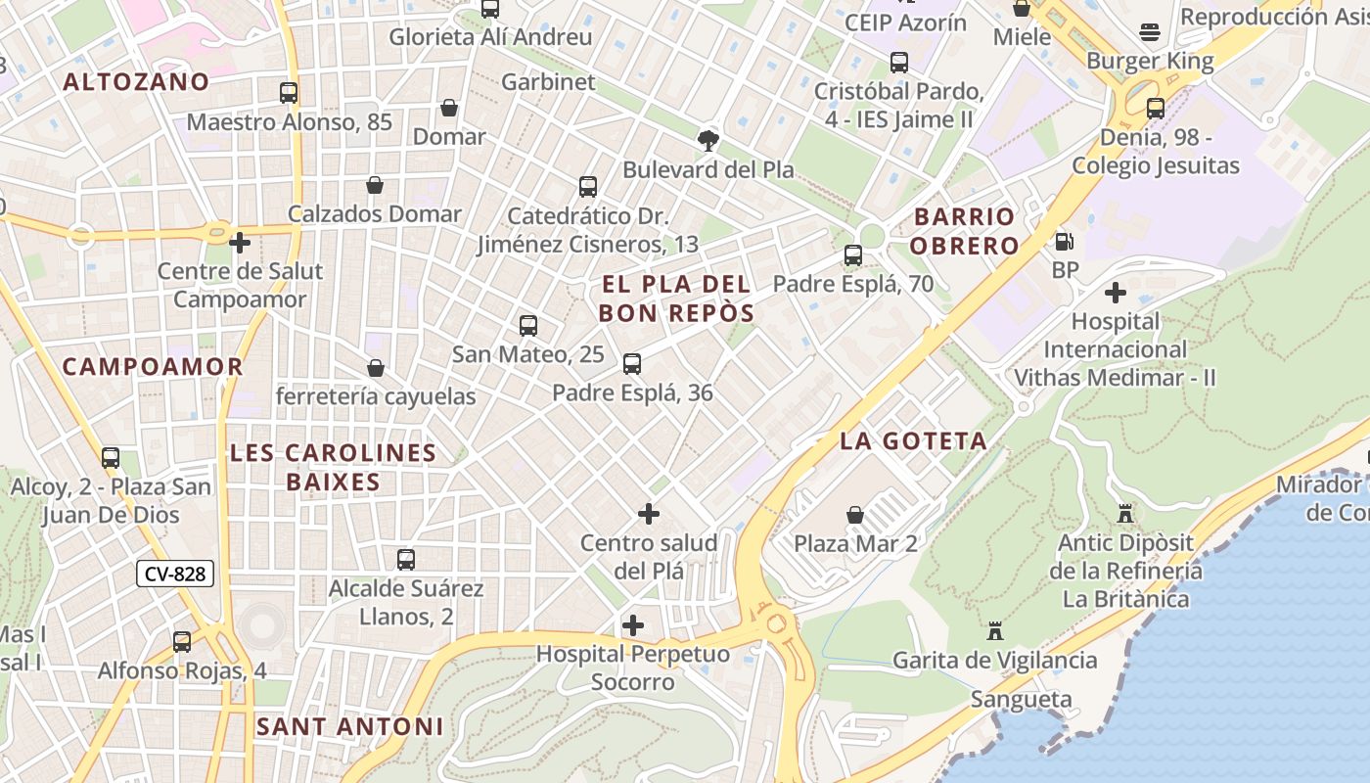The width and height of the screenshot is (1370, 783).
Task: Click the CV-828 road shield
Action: [x=175, y=574]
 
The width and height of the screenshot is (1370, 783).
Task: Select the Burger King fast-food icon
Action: [x=1150, y=32]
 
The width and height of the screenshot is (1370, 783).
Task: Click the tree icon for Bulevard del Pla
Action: [x=708, y=140]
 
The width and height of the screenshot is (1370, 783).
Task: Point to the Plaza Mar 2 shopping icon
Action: [x=855, y=514]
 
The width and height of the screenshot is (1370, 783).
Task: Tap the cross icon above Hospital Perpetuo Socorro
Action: [x=633, y=624]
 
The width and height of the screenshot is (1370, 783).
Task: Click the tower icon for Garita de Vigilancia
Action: [x=995, y=631]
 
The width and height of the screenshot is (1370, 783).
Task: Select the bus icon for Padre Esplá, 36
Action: [x=632, y=364]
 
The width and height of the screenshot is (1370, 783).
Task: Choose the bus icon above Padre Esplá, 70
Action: [x=853, y=255]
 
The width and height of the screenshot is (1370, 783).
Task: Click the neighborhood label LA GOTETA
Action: [x=913, y=441]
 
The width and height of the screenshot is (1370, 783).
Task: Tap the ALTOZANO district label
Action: [x=136, y=82]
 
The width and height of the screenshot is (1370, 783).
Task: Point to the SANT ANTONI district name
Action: [x=349, y=726]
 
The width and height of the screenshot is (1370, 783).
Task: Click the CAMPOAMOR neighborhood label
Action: [x=153, y=367]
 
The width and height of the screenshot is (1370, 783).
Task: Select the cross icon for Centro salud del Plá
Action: [x=648, y=514]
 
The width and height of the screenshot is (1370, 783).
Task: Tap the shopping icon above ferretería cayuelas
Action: [x=375, y=368]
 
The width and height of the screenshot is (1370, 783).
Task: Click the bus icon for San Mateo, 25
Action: [x=528, y=325]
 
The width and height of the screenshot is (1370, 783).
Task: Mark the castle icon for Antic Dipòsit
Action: [x=1123, y=513]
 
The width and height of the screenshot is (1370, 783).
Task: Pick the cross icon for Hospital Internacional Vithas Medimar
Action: [x=1115, y=293]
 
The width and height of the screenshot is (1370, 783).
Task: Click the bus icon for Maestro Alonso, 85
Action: [x=289, y=93]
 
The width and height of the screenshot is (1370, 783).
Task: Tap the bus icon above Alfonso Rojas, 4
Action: [x=182, y=642]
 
